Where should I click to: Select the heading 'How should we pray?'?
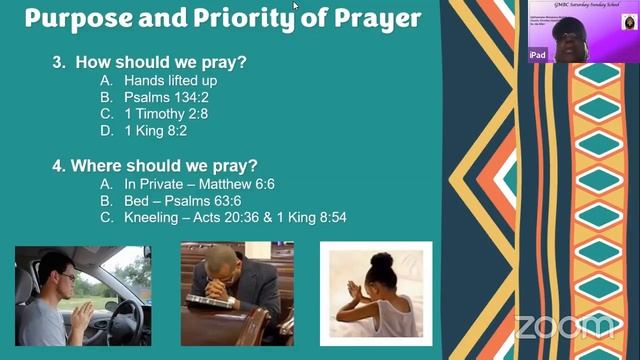[x=160, y=62]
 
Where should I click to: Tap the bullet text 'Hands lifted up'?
[x=170, y=81]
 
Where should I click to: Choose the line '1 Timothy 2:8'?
[x=167, y=115]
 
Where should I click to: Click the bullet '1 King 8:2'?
[x=158, y=132]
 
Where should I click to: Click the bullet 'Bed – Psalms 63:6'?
[x=182, y=201]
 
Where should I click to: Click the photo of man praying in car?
[x=83, y=295]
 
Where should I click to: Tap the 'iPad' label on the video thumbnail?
[x=538, y=56]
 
